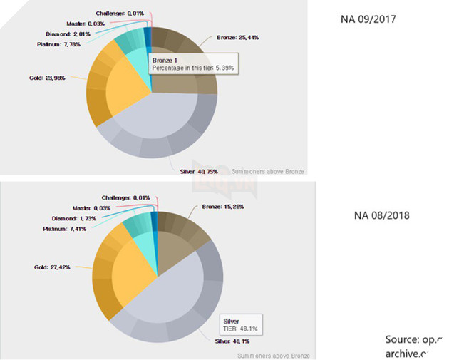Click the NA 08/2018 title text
(381, 214)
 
